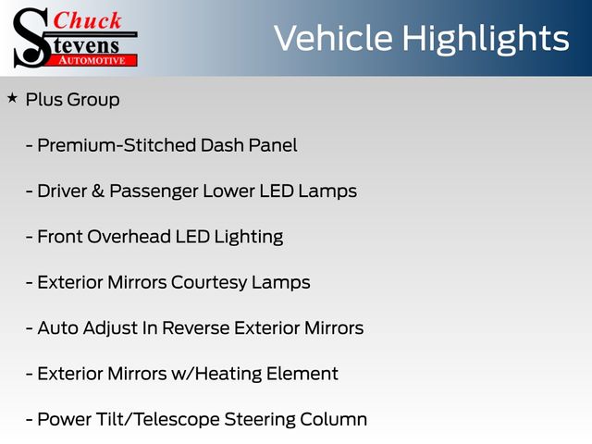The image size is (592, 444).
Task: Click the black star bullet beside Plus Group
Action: [12, 98]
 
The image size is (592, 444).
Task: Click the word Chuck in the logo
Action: [87, 20]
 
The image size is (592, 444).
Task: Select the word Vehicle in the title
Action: [333, 38]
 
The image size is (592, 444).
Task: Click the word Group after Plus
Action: [93, 101]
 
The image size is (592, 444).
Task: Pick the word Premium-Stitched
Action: [117, 145]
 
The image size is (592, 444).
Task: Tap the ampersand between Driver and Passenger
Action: [98, 191]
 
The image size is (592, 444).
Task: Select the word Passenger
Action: [154, 191]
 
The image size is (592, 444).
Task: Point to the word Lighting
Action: [249, 238]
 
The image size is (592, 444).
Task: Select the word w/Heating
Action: [216, 375]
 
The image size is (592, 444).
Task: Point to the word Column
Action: [333, 419]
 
